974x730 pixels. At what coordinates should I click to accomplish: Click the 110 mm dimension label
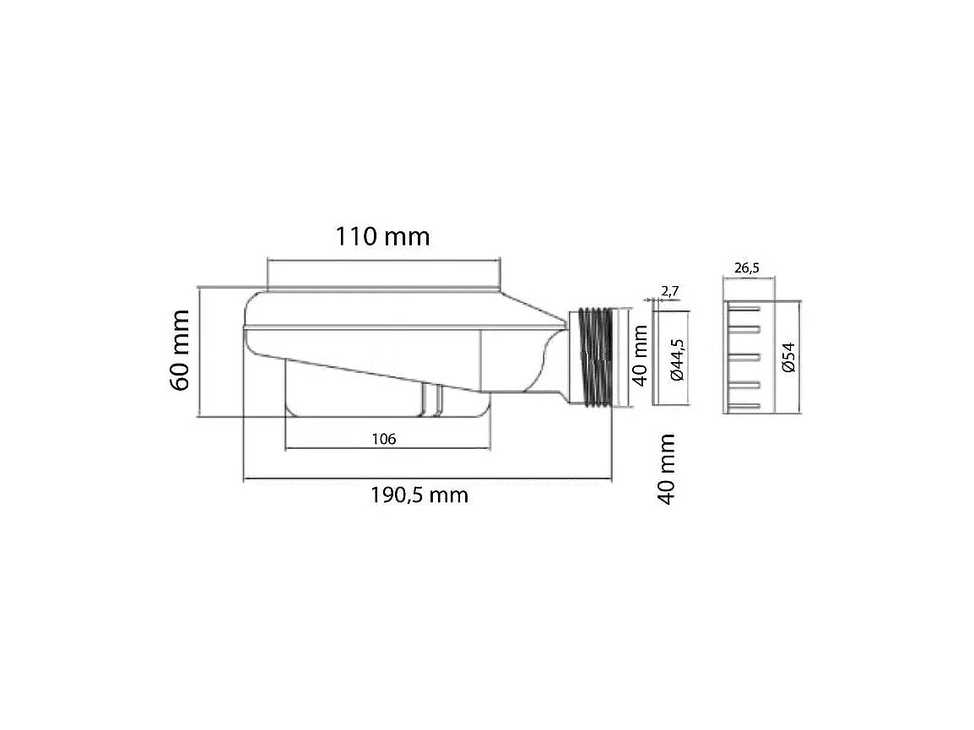pos(383,236)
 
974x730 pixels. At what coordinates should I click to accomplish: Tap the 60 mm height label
pos(181,350)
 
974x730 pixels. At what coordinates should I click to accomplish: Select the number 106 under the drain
pos(383,438)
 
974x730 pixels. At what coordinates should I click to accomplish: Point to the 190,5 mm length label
pos(419,495)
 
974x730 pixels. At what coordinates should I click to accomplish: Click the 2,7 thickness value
pos(669,291)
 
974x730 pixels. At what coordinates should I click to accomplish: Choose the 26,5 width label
pos(747,268)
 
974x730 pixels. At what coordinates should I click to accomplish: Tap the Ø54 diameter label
pos(787,358)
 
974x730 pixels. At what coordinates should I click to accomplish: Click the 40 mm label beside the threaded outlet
pos(640,357)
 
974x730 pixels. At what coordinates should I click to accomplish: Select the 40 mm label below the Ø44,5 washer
pos(667,468)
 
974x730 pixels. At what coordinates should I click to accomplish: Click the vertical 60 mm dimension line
pos(198,350)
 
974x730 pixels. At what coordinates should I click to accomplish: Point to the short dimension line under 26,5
pos(749,278)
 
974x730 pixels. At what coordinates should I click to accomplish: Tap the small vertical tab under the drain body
pos(431,399)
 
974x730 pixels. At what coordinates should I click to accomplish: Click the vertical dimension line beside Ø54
pos(798,357)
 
